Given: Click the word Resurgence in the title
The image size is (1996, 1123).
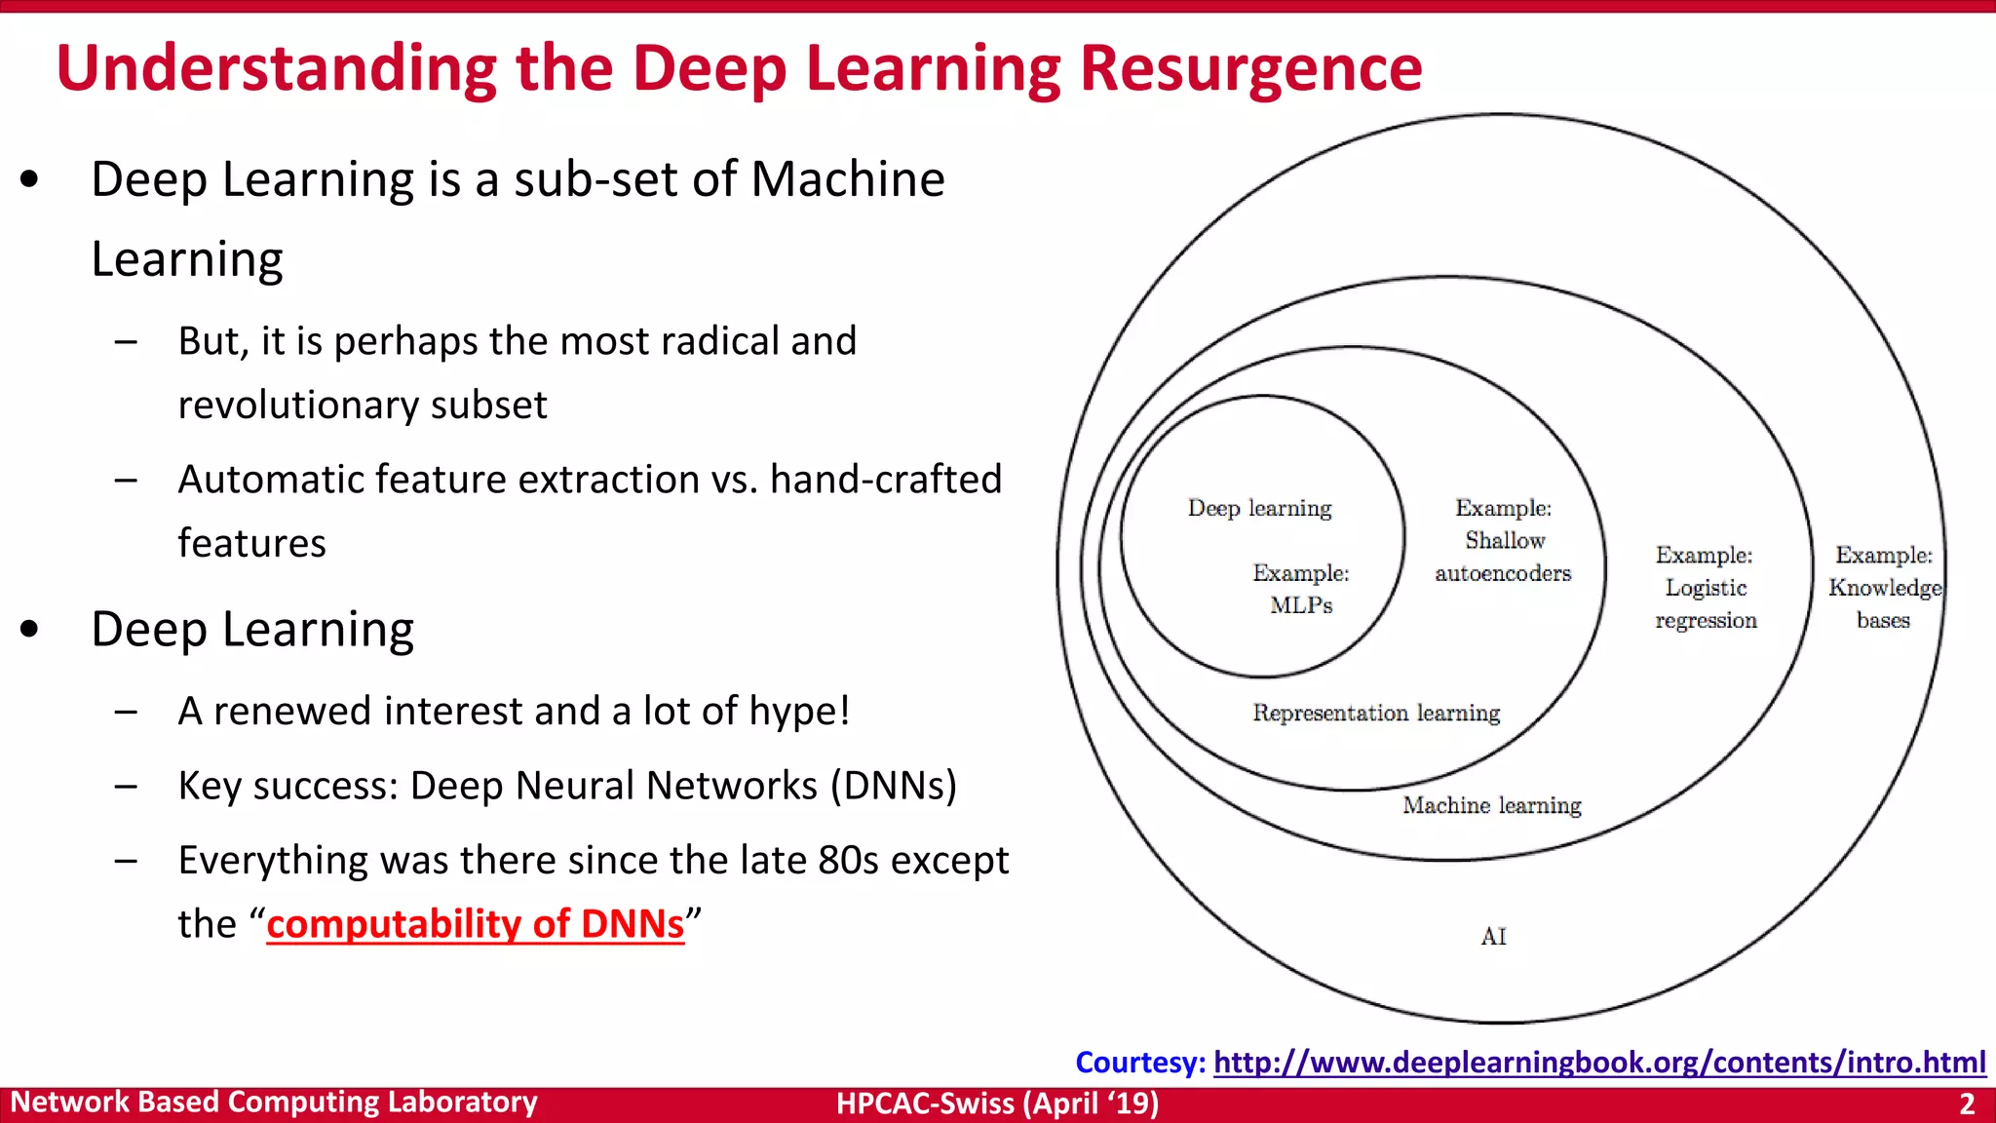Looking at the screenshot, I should click(x=1250, y=68).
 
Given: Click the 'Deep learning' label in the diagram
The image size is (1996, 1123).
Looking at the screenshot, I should click(x=1259, y=508).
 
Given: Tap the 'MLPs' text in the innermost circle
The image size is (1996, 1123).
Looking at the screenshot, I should click(x=1301, y=605).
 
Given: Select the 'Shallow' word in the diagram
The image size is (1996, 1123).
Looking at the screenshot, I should click(x=1505, y=540).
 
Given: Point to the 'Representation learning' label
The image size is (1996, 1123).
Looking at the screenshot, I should click(x=1376, y=713).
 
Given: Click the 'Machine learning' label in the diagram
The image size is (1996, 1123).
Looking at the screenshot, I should click(x=1491, y=805).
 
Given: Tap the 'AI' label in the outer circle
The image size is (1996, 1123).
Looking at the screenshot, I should click(x=1493, y=936).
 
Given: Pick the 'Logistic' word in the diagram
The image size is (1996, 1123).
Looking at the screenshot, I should click(x=1706, y=588).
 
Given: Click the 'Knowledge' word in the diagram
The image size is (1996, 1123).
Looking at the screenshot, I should click(x=1884, y=588).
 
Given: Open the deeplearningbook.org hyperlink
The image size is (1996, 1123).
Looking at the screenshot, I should click(x=1598, y=1062).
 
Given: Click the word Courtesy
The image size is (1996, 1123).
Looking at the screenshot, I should click(x=1139, y=1062).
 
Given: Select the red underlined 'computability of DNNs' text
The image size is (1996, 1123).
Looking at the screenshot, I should click(x=475, y=923).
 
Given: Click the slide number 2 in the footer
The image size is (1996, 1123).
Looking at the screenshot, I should click(x=1967, y=1104).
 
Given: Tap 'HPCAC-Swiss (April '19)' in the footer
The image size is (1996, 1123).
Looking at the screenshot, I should click(x=997, y=1104).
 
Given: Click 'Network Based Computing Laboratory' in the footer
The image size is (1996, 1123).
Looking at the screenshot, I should click(x=274, y=1103).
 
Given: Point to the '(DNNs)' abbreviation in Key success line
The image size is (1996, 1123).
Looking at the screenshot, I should click(x=894, y=786).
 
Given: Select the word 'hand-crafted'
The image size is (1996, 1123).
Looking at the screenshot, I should click(x=885, y=480).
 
